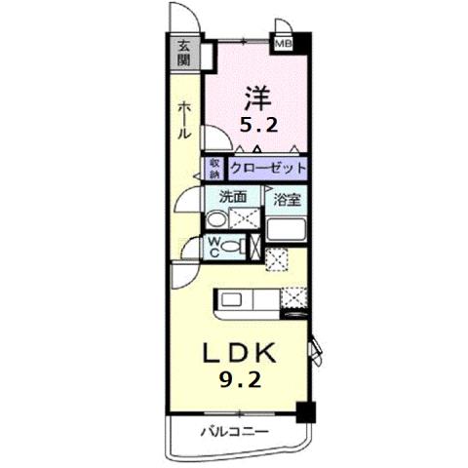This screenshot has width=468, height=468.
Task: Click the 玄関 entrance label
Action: point(182,52)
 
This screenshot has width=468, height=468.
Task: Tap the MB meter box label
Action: point(283,44)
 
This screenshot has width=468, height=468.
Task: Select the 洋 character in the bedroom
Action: point(257,98)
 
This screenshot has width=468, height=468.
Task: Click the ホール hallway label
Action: point(182,121)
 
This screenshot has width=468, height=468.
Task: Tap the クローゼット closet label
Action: point(268,168)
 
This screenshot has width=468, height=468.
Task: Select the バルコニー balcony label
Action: point(234,429)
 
